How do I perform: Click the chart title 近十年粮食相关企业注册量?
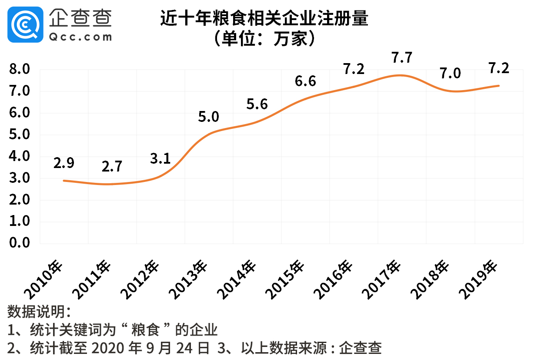pyautogui.click(x=264, y=20)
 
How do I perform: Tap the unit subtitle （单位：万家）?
pyautogui.click(x=264, y=39)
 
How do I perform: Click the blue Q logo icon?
pyautogui.click(x=25, y=24)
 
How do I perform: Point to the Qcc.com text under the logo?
pyautogui.click(x=80, y=37)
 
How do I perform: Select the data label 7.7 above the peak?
pyautogui.click(x=401, y=58)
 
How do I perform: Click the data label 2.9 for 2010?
pyautogui.click(x=64, y=163)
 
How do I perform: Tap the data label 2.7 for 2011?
pyautogui.click(x=112, y=167)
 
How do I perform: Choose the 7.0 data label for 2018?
pyautogui.click(x=450, y=74)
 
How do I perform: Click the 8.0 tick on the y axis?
pyautogui.click(x=19, y=69)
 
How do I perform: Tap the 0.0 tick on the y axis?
pyautogui.click(x=19, y=243)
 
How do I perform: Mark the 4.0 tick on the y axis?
pyautogui.click(x=19, y=156)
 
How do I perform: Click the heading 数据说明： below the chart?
pyautogui.click(x=39, y=312)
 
